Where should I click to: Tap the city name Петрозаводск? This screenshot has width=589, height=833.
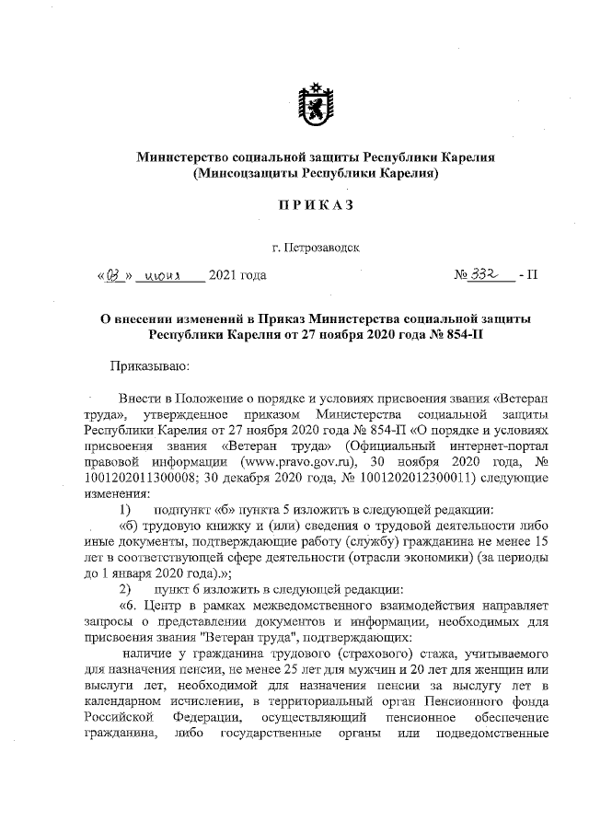316,247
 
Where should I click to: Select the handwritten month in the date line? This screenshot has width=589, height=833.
167,274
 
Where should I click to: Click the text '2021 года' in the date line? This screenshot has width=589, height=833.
238,274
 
